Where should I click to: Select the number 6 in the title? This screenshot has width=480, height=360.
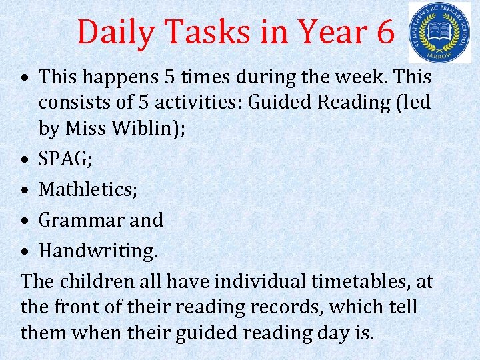pyautogui.click(x=385, y=32)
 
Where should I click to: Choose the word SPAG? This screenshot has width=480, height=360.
pyautogui.click(x=64, y=159)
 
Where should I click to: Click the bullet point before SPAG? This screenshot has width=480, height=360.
pyautogui.click(x=25, y=159)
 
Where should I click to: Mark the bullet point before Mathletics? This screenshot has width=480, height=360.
pyautogui.click(x=25, y=190)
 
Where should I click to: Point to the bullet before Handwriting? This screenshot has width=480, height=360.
pyautogui.click(x=25, y=251)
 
